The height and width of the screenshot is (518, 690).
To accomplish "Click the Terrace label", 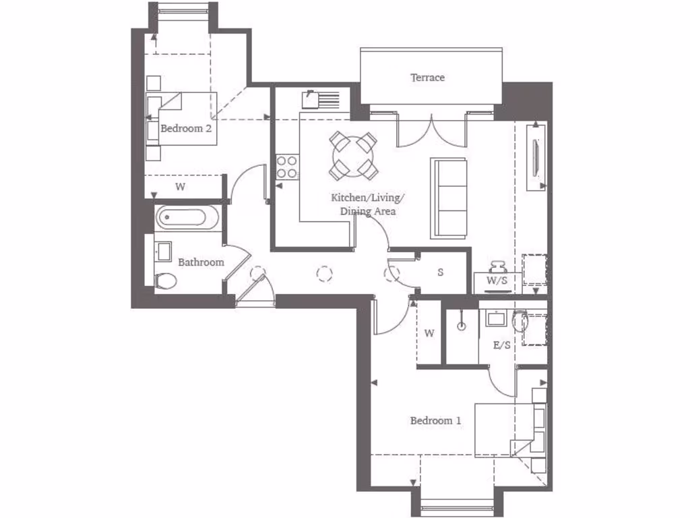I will coord(428,78).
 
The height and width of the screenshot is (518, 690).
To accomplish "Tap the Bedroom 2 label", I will coord(181,127).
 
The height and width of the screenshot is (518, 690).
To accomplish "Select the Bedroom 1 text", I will coord(436,421).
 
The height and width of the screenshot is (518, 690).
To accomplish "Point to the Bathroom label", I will coord(201,262).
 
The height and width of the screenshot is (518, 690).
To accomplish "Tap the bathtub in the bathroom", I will coord(186,217).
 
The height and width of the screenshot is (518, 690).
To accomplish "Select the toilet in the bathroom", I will coord(164,281).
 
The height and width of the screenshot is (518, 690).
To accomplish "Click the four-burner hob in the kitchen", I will coord(287,167).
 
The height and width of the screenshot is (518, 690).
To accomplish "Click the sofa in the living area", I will coord(449,198).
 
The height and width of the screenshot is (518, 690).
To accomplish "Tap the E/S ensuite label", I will coord(501,345).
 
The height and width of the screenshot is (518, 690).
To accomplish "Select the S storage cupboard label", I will coord(440,273).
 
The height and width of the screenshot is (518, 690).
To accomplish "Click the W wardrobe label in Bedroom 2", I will coord(180,187).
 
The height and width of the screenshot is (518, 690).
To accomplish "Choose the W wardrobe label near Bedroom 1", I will coord(430,333).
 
